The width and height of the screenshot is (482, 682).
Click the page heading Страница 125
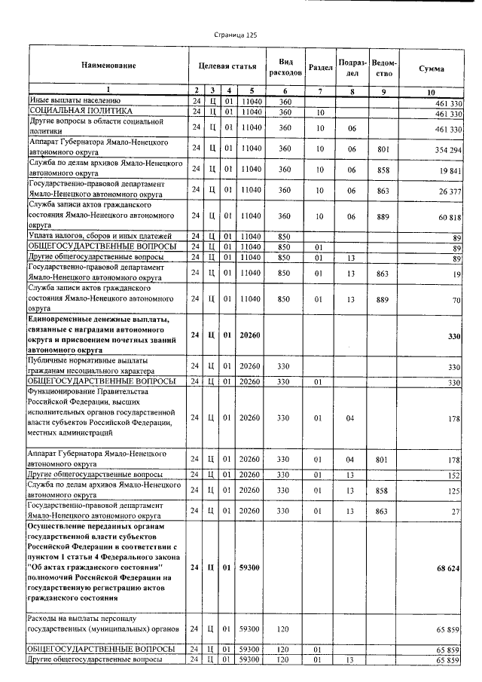(236, 35)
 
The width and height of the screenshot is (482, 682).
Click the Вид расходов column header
(285, 66)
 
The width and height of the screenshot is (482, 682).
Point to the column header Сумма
(431, 68)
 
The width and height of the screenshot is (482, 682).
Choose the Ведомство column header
(384, 66)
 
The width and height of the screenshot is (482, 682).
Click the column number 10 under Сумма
(431, 92)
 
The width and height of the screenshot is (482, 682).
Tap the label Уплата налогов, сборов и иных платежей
(100, 237)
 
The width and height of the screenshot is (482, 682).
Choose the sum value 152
(454, 476)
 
